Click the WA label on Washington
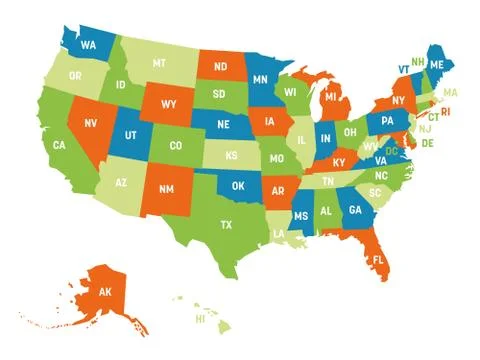coord(89,45)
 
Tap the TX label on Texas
coord(226,224)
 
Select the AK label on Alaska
coord(105,292)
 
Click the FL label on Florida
coord(378,260)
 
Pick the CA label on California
coord(60,146)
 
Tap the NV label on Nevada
coord(91,125)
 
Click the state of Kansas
coord(231,156)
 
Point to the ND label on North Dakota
coord(219,68)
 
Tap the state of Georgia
coord(354,211)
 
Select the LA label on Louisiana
coord(277,234)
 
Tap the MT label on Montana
coord(159,63)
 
